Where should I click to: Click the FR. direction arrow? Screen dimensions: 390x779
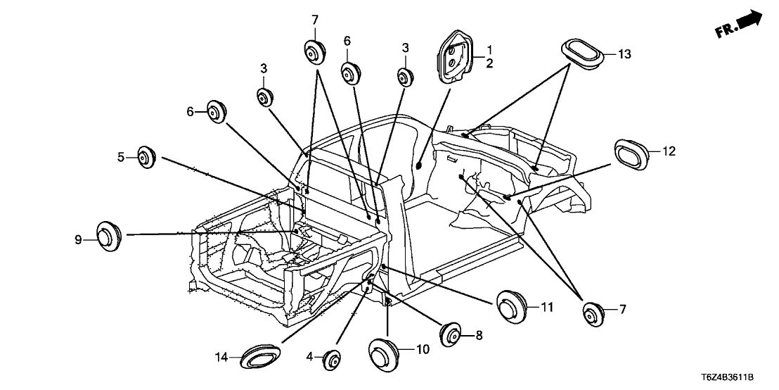tap(740, 24)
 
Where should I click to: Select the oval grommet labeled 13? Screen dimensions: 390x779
tap(583, 54)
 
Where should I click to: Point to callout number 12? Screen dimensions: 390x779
tap(668, 151)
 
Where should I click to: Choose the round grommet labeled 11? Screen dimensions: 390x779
tap(512, 306)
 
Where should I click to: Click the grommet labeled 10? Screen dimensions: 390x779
tap(382, 353)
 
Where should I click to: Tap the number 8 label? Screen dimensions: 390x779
tap(479, 336)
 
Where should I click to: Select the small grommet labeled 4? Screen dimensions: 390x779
tap(332, 361)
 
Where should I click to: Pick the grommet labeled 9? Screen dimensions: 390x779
tap(107, 235)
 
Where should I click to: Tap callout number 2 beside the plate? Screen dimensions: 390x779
tap(489, 63)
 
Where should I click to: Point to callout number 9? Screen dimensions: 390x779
tap(79, 240)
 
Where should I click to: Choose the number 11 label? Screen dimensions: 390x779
tap(548, 306)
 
